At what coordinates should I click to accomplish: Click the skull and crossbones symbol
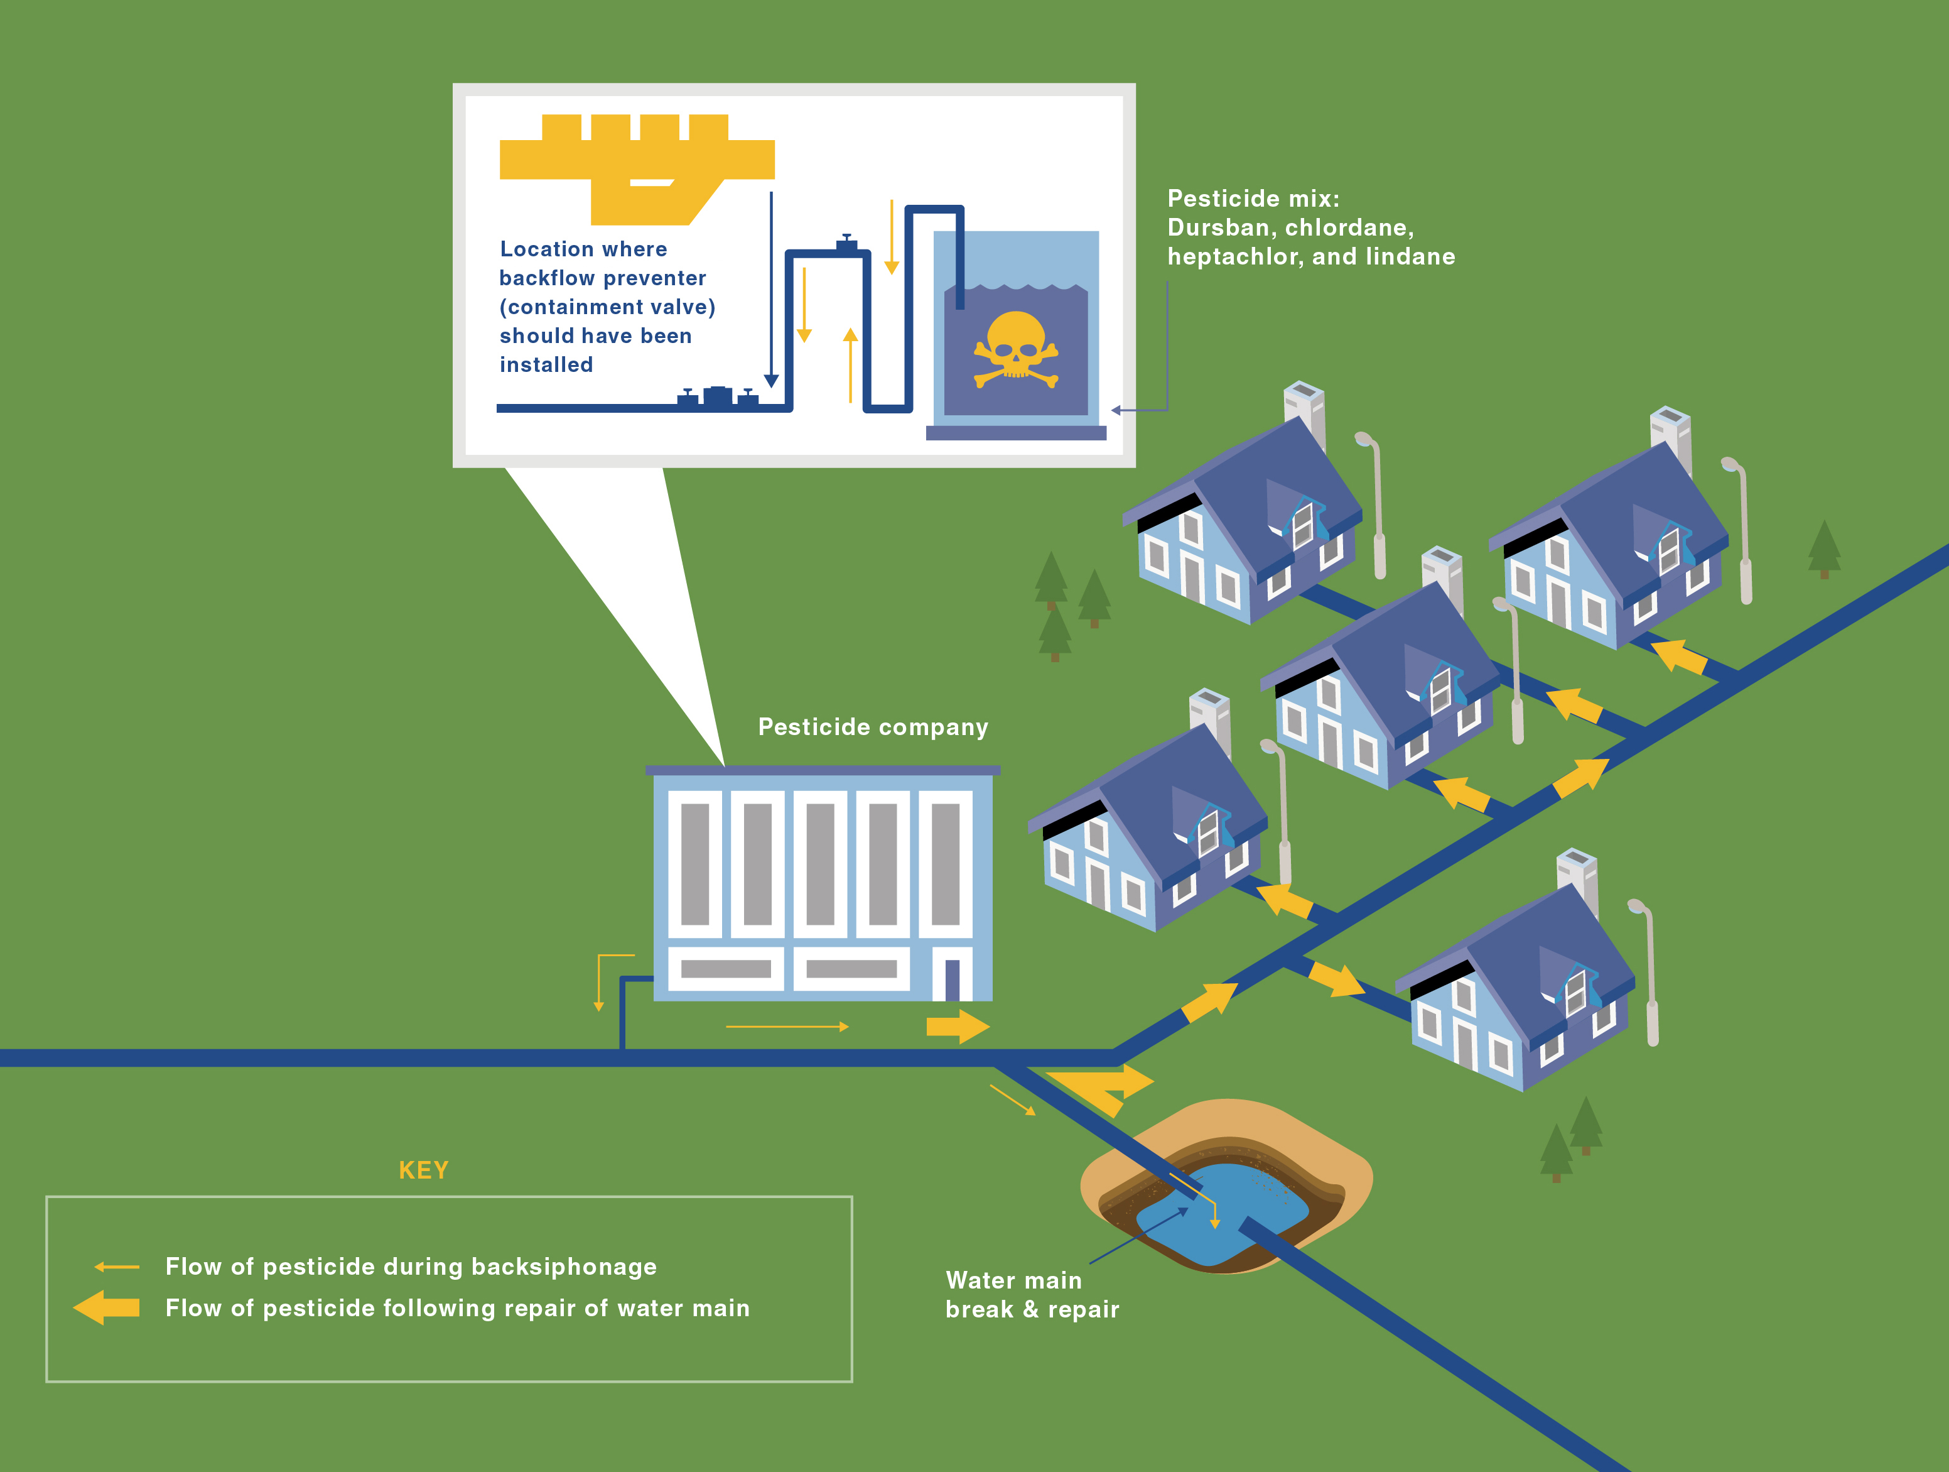(x=1015, y=351)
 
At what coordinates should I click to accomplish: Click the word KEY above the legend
(x=424, y=1170)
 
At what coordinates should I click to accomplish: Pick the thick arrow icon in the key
(x=107, y=1307)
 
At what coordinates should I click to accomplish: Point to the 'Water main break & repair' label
(x=1032, y=1295)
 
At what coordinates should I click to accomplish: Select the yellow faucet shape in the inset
(x=636, y=168)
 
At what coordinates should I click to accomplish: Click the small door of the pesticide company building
(x=952, y=978)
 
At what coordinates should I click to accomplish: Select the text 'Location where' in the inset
(x=583, y=249)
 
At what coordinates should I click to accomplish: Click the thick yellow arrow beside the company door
(x=958, y=1026)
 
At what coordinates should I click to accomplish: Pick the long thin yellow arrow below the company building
(x=787, y=1027)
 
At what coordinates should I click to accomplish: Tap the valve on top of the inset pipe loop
(x=846, y=244)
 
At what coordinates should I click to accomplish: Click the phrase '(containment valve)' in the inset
(x=607, y=307)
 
